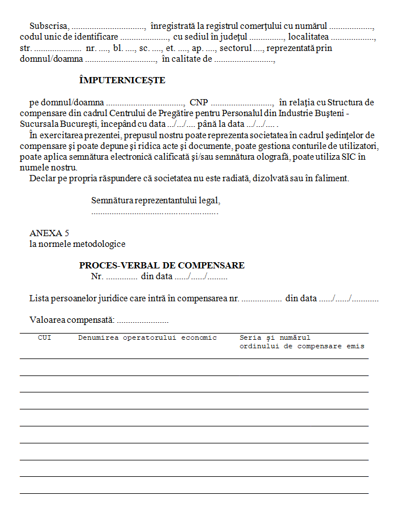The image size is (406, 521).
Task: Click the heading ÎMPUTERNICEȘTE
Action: click(x=122, y=80)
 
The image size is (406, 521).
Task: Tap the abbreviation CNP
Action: click(x=199, y=103)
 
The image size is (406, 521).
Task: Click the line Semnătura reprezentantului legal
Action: click(x=156, y=200)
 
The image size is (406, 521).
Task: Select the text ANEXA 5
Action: click(x=49, y=233)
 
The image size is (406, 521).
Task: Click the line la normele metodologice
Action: click(x=77, y=244)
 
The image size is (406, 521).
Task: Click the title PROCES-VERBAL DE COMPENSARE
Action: click(x=162, y=265)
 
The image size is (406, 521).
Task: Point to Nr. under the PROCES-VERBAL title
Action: click(x=97, y=276)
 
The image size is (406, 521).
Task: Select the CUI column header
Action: click(x=44, y=338)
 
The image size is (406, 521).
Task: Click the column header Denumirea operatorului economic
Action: click(x=147, y=338)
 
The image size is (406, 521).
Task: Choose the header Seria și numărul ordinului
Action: click(x=301, y=341)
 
